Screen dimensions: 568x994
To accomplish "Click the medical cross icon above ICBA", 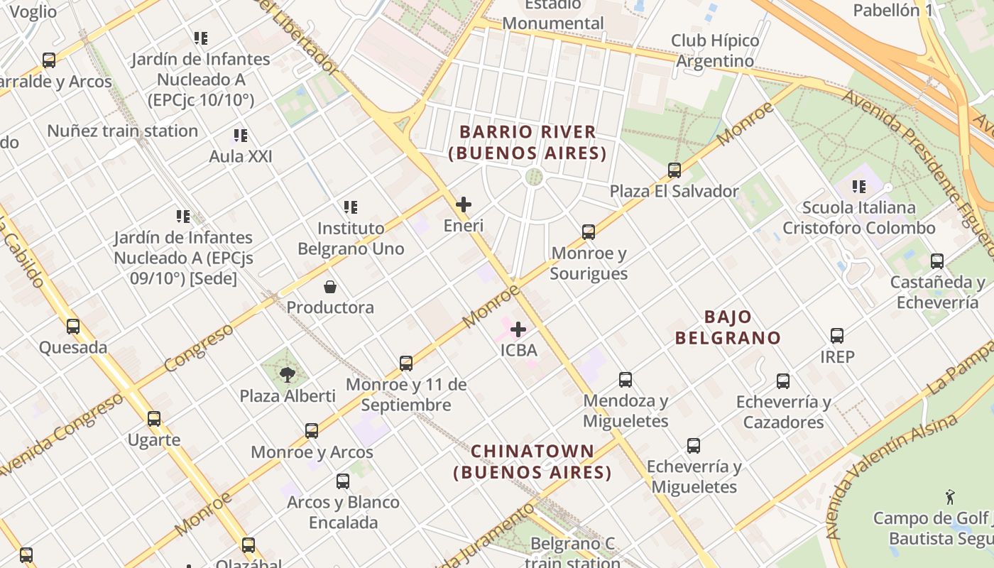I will (518, 329).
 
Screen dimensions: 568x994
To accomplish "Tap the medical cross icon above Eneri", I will (464, 205).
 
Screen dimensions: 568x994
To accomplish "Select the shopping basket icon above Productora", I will (330, 287).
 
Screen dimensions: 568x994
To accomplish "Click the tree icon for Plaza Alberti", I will (288, 375).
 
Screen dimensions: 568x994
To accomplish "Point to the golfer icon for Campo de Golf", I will (950, 497).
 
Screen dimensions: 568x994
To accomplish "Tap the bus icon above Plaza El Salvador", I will (674, 170).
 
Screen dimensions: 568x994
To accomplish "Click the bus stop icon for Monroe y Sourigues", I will (589, 232).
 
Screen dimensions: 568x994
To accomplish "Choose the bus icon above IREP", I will (837, 336).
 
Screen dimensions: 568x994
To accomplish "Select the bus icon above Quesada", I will (73, 327).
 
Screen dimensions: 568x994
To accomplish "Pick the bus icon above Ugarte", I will (154, 419).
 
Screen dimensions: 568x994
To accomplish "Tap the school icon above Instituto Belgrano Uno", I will (351, 207).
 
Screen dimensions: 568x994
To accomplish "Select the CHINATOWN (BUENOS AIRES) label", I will (532, 461).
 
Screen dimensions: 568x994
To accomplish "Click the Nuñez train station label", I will (123, 131).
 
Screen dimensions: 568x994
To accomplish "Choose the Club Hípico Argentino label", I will (715, 50).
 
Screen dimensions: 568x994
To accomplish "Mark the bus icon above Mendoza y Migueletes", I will (626, 380).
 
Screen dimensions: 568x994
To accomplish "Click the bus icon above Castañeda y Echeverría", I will (937, 261).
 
